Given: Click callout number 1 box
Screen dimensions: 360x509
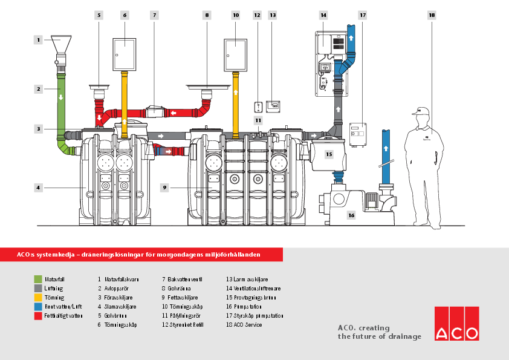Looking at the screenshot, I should coord(38,40).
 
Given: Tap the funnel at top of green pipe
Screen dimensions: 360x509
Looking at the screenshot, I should coord(62,44).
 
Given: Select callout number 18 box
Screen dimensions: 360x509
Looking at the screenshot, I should coord(431,14).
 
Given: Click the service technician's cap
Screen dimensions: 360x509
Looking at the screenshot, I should coord(421,111).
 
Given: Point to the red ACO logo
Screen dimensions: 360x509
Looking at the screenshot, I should coord(456,324).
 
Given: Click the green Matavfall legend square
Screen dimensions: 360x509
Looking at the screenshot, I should coord(37,280).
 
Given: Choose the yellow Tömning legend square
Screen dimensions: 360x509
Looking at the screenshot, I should coord(37,298).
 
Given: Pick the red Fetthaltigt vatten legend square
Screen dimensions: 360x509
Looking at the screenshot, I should coord(37,316).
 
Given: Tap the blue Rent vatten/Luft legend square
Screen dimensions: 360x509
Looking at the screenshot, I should coord(37,307).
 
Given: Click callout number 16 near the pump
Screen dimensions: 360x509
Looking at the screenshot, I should coord(351,214).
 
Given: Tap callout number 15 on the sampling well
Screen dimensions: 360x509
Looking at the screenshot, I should coord(329,155).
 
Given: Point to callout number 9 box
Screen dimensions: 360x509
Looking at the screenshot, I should coord(164,188).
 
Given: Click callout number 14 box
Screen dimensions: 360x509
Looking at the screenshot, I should coord(324,14).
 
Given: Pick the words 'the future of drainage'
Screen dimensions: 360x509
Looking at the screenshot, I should coord(379,336).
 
